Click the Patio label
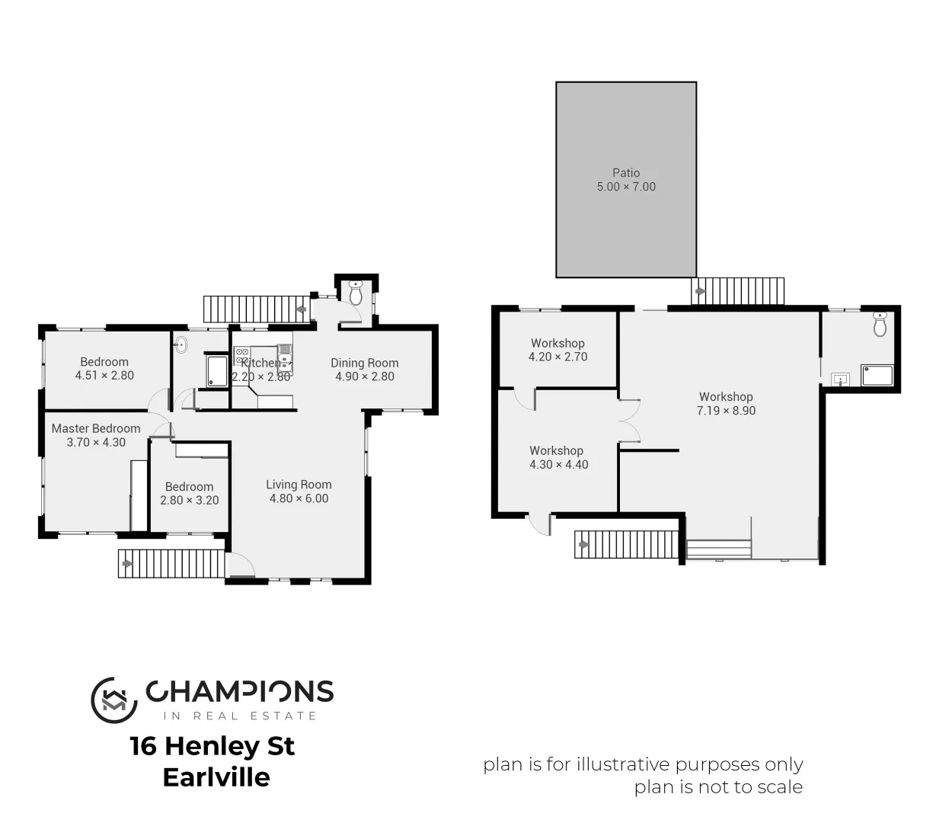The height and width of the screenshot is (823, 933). tap(626, 173)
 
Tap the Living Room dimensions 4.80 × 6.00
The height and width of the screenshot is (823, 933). tap(299, 498)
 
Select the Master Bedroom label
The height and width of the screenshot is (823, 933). tap(96, 428)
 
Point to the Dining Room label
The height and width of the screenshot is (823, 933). tap(364, 363)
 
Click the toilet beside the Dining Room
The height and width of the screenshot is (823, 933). tap(356, 292)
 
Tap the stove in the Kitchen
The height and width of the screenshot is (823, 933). tap(242, 355)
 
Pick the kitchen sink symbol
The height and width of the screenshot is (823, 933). tap(284, 357)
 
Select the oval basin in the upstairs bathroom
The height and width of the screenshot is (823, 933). tap(181, 344)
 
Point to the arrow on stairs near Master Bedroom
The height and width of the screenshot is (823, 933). tap(126, 564)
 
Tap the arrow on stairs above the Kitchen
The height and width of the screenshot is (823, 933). tap(302, 309)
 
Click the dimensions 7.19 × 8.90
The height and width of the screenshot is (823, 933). tap(726, 411)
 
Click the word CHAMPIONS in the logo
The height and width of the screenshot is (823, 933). tap(239, 691)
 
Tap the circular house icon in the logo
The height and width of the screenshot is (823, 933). tap(113, 699)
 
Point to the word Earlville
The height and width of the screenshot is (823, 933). tap(216, 777)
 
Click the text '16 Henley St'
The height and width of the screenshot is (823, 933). tap(212, 745)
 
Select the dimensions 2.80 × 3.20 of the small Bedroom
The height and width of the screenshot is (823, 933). tap(189, 501)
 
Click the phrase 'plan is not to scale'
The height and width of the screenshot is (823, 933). tap(718, 787)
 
